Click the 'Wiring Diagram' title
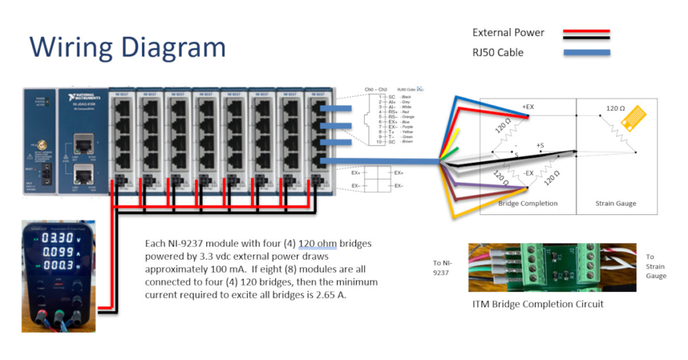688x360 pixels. click(128, 47)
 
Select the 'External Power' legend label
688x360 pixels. click(508, 33)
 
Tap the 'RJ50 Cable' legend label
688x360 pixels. click(498, 53)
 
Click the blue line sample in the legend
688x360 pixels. click(586, 53)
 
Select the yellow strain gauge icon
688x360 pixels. click(633, 117)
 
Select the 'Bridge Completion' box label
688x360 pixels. click(528, 203)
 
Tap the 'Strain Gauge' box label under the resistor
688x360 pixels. click(616, 203)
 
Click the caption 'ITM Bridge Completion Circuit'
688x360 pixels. click(538, 304)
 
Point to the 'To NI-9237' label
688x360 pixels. click(443, 267)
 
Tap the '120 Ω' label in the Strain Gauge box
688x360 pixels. click(615, 108)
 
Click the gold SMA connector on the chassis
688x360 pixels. click(40, 144)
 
